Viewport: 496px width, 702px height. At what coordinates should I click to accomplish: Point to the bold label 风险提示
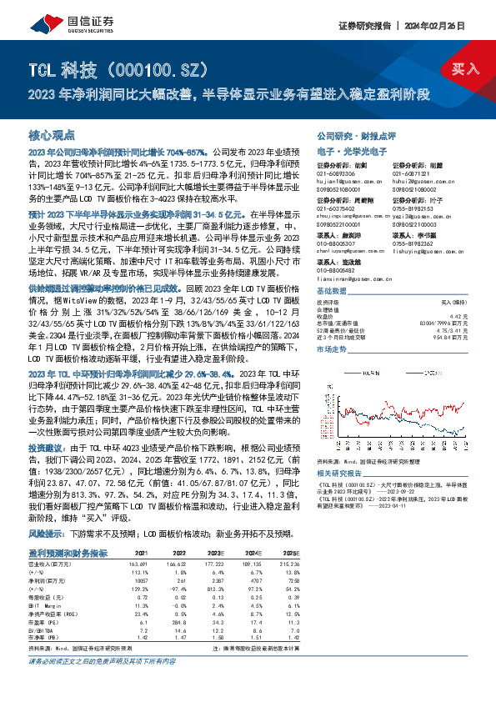[47, 510]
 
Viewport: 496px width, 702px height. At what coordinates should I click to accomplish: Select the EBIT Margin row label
[47, 583]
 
